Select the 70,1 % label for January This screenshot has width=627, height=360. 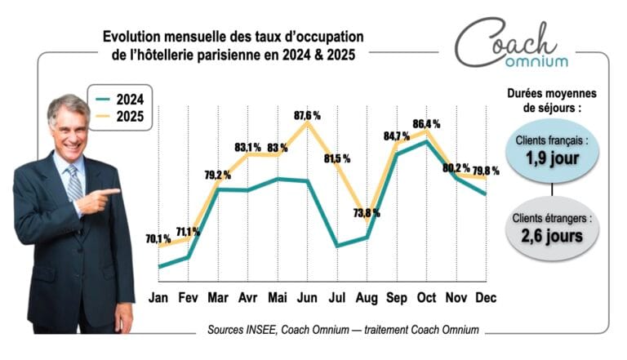(158, 239)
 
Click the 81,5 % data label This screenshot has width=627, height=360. (337, 158)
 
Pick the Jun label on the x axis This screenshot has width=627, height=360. (308, 298)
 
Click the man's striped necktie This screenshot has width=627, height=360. (73, 183)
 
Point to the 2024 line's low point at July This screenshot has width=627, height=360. (337, 246)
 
